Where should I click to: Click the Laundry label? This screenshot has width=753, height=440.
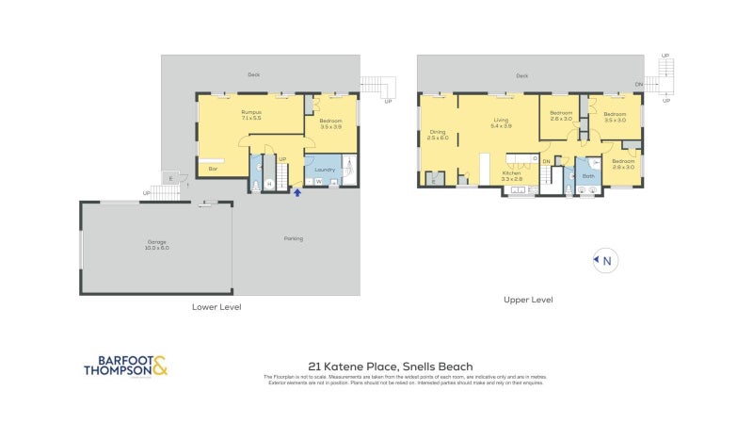[x=326, y=170]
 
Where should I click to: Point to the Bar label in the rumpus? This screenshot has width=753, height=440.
[x=214, y=170]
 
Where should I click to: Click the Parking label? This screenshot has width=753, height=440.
[x=294, y=238]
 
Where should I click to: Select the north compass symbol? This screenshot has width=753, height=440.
[x=605, y=261]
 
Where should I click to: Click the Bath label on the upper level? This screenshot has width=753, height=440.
[x=588, y=176]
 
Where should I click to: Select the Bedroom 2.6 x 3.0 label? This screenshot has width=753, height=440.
[x=561, y=116]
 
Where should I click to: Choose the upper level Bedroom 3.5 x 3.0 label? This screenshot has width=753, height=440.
[x=616, y=116]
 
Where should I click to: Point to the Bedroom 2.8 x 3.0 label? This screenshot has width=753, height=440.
[x=623, y=164]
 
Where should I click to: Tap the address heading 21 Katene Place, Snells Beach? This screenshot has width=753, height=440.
[x=390, y=367]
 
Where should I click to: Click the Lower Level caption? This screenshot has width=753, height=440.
[x=216, y=307]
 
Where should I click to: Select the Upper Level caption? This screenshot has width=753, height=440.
[x=527, y=300]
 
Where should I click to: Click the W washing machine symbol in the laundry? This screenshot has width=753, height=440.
[x=318, y=182]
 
